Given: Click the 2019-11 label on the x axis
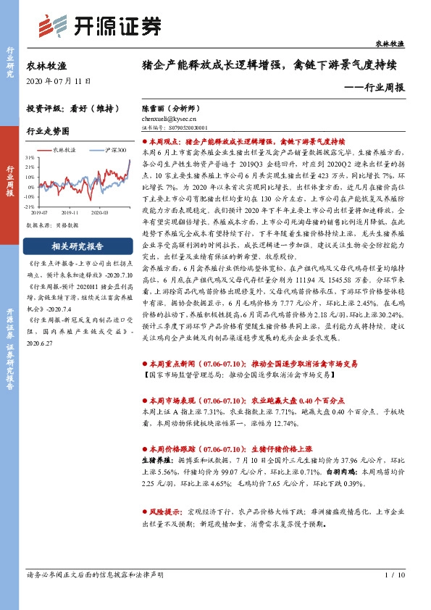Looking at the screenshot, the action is (x=70, y=212).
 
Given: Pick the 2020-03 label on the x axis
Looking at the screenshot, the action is (x=99, y=212).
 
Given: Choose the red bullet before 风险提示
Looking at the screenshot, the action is (x=144, y=511).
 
